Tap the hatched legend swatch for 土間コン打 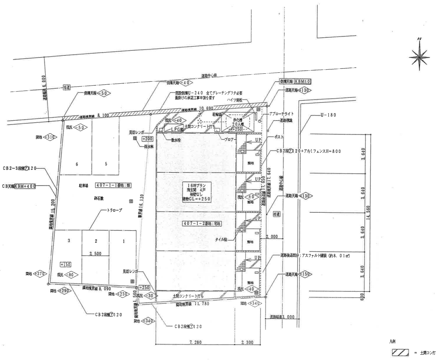coord(400,353)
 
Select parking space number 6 coord(77,164)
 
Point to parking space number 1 coord(124,241)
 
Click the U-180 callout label coord(328,115)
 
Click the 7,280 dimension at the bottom coord(195,342)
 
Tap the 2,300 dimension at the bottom coord(247,342)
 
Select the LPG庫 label coord(176,129)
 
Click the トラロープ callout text coord(114,210)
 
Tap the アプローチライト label coord(281,114)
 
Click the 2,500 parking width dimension coord(95,253)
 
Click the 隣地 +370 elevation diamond coord(40,274)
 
